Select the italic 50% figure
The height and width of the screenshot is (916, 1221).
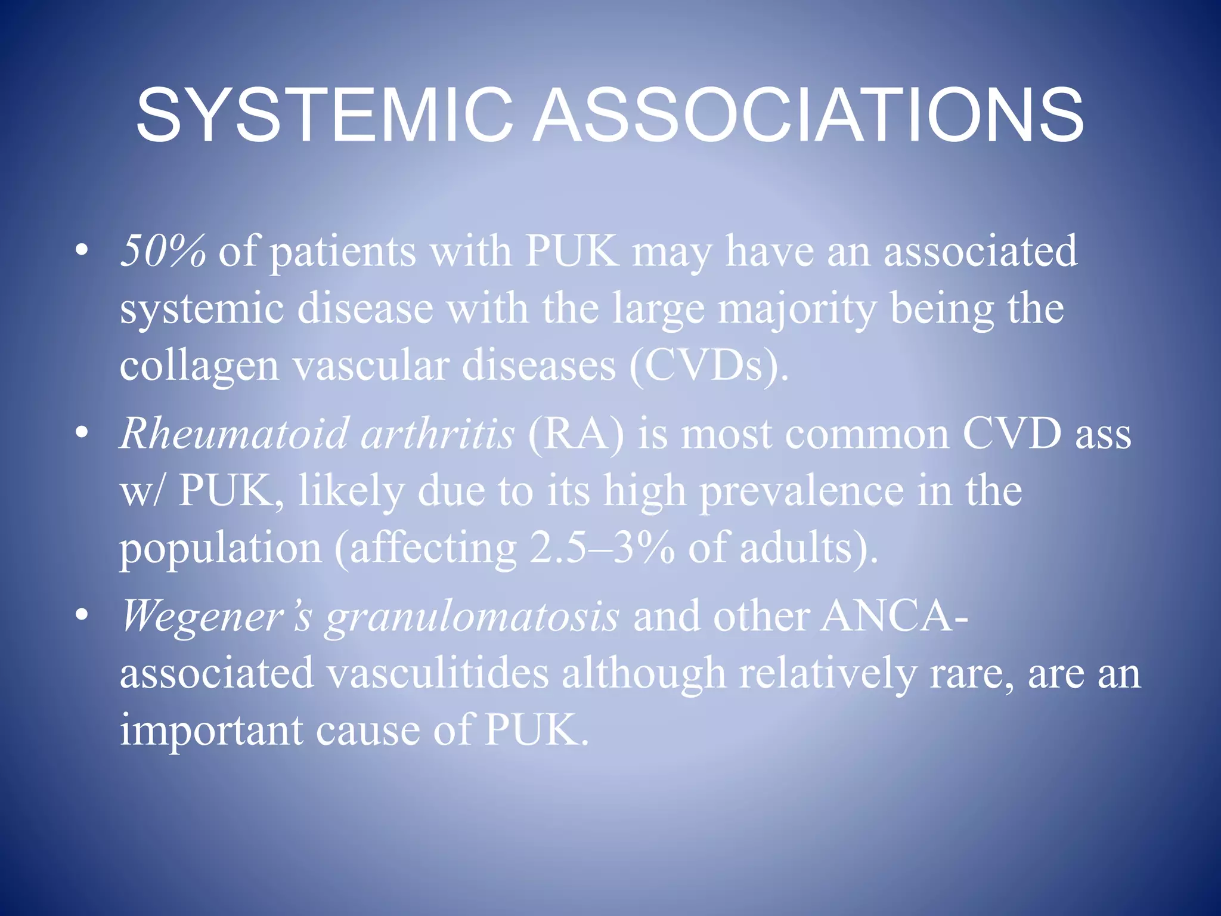(x=163, y=251)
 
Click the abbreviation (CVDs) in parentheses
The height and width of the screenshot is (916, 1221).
(x=708, y=366)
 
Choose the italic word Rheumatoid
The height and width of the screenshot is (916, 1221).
(x=234, y=433)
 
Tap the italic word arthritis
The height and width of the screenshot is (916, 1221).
(x=437, y=433)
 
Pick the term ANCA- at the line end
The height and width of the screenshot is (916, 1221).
(x=894, y=615)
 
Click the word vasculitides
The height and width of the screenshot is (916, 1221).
(x=438, y=673)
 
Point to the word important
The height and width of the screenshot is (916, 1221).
(x=211, y=730)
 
